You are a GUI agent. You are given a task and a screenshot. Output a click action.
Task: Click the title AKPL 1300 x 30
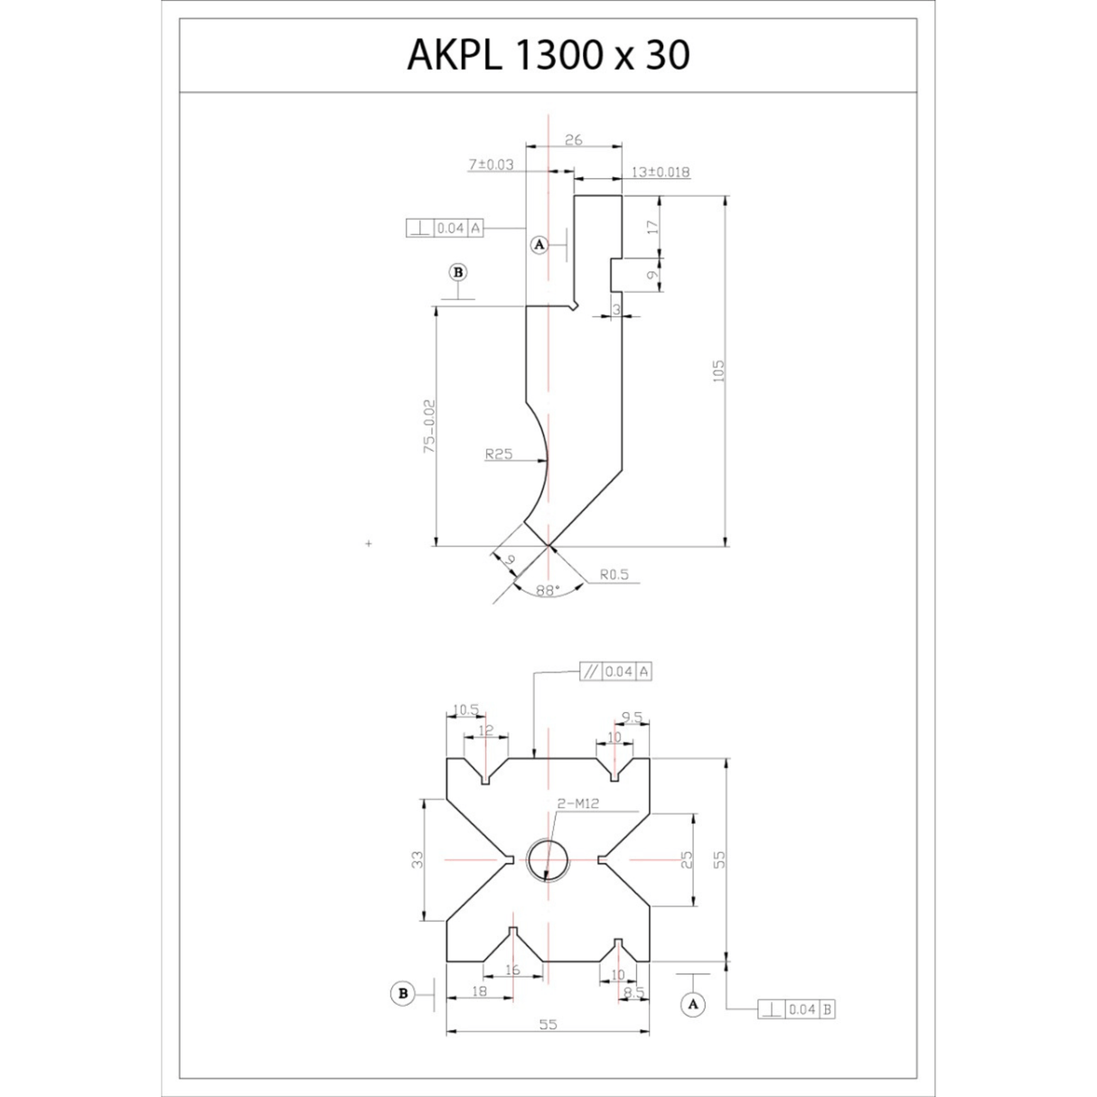click(548, 55)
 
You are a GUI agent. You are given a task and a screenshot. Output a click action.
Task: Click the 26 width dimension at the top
click(573, 139)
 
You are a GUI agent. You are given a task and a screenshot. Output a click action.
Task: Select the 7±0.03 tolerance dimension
click(491, 164)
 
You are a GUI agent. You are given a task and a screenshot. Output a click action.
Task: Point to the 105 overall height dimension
click(719, 371)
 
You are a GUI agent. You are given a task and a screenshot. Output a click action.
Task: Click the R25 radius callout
click(498, 455)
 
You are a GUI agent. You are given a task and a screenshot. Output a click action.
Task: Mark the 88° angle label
click(547, 590)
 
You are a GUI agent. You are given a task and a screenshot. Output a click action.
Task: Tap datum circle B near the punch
click(459, 272)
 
